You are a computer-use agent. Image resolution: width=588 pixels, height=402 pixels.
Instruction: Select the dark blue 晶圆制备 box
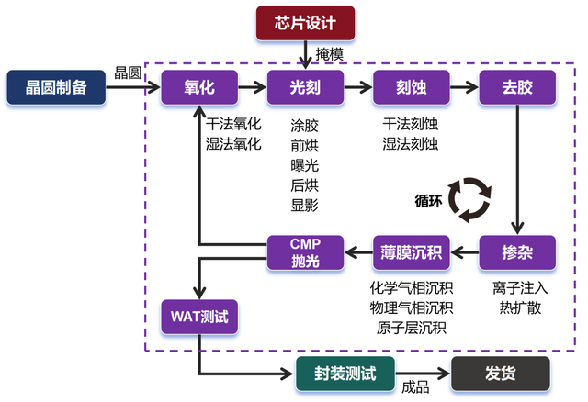pos(54,87)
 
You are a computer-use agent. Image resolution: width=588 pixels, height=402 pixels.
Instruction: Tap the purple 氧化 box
pos(199,87)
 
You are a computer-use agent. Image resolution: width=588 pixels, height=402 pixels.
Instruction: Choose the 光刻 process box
pos(305,87)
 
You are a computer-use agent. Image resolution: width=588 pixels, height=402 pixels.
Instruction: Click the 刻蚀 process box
pos(411,87)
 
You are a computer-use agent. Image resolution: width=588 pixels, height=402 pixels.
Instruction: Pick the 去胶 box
pos(517,87)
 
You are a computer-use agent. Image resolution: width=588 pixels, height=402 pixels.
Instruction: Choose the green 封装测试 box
pos(345,373)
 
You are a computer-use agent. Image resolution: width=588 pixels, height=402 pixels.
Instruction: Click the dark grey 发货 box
pos(501,373)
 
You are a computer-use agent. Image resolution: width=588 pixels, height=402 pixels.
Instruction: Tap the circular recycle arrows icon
pos(478,199)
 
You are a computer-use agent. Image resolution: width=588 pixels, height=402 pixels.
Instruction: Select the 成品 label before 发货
pos(415,387)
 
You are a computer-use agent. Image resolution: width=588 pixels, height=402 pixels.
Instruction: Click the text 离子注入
pos(516,287)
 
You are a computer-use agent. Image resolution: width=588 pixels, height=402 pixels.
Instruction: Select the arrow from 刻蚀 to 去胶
pos(463,87)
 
